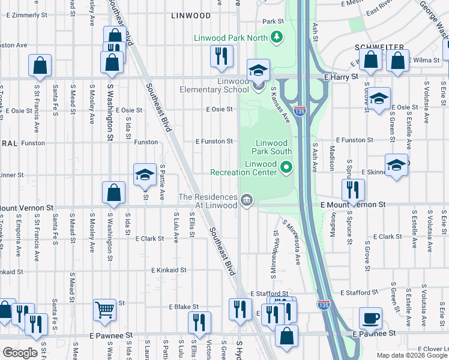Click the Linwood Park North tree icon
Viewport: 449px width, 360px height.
coord(277,38)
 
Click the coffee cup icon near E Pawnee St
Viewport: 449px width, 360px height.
coord(370,318)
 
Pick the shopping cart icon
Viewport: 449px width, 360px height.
coord(104,310)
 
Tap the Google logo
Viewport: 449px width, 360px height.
coord(20,353)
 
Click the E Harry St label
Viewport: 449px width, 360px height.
coord(340,77)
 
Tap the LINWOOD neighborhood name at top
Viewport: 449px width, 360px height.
coord(190,16)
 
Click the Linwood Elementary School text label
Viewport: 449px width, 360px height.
coord(214,86)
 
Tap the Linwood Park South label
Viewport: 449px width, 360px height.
coord(274,148)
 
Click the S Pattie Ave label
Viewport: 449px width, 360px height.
coord(162,182)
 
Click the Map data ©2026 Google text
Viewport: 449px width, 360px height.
coord(411,355)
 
